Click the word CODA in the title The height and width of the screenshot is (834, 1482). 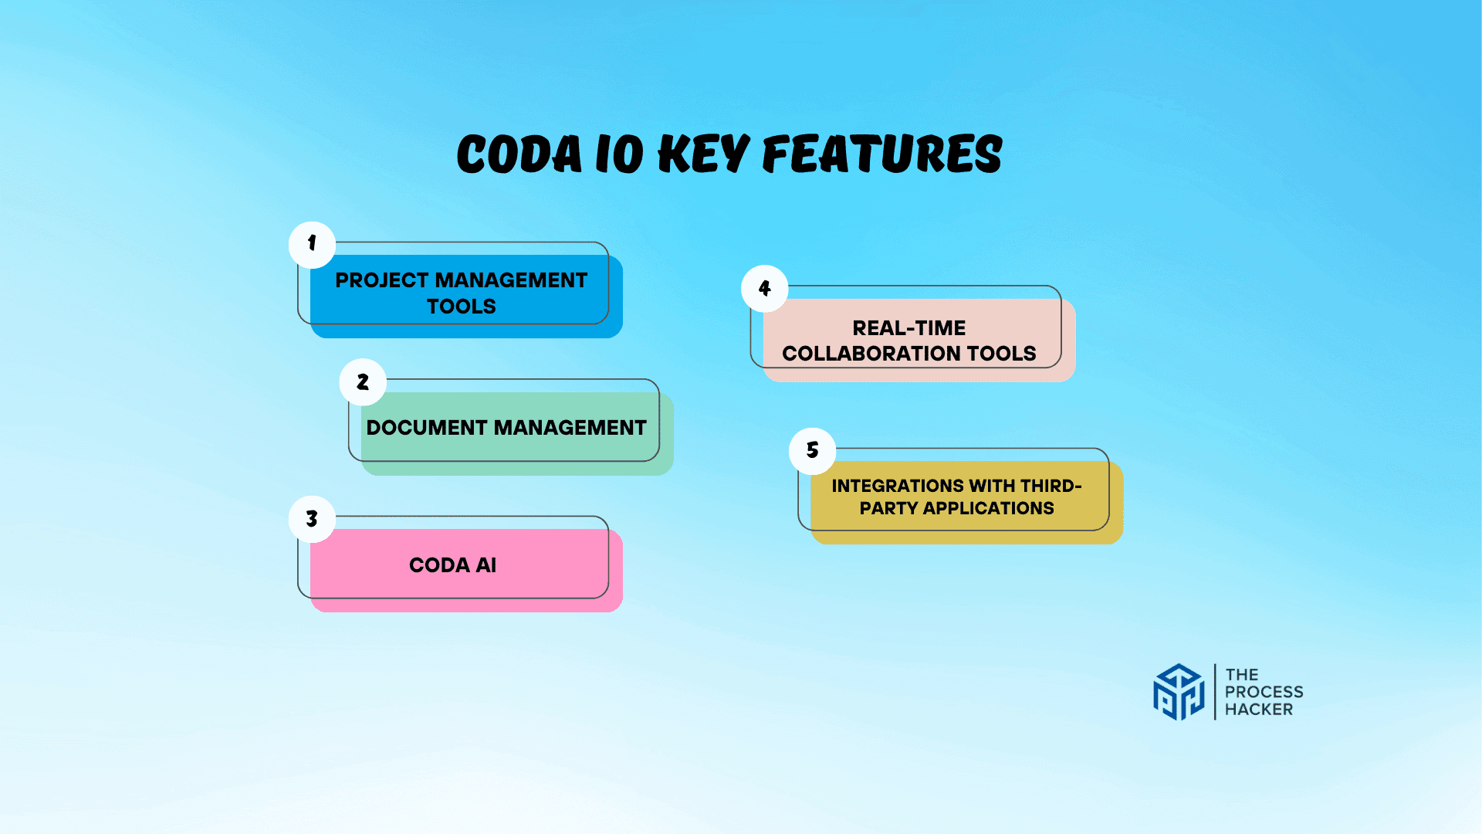point(519,154)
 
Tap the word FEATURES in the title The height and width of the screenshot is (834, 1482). point(882,154)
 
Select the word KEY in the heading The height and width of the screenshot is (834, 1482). point(703,154)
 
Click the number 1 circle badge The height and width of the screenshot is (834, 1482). point(312,244)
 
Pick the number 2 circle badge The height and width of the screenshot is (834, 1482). point(363,382)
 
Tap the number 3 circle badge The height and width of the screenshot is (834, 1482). point(312,519)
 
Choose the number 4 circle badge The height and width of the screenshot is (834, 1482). point(765,289)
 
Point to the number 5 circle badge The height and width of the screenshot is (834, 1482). point(812,450)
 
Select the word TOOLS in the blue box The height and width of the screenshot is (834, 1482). point(462,307)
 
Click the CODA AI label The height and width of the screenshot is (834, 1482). point(452,565)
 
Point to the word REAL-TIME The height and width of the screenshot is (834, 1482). point(908,328)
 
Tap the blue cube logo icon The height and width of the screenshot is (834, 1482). point(1178,692)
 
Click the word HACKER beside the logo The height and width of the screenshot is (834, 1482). point(1258,709)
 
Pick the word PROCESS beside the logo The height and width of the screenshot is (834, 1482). point(1264,692)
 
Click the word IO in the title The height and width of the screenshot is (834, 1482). point(619,154)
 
